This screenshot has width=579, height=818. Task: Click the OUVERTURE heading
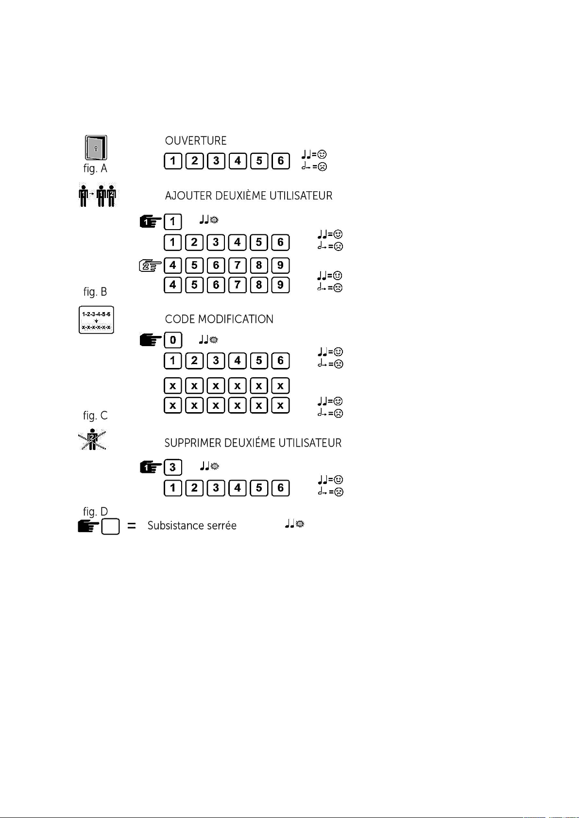pyautogui.click(x=196, y=141)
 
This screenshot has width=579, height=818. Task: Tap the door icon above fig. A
pyautogui.click(x=96, y=148)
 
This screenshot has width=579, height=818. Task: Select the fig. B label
pyautogui.click(x=95, y=292)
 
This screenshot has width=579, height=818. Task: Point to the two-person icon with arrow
pyautogui.click(x=98, y=196)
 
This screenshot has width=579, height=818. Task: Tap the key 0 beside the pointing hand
pyautogui.click(x=173, y=340)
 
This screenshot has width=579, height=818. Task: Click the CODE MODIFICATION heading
pyautogui.click(x=219, y=319)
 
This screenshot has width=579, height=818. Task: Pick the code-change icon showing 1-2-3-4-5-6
pyautogui.click(x=96, y=320)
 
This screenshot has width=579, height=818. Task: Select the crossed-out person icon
pyautogui.click(x=92, y=440)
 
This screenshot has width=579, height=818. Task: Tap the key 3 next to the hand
pyautogui.click(x=173, y=467)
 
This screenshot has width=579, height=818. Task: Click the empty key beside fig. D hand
pyautogui.click(x=111, y=526)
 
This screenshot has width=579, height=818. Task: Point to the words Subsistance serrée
pyautogui.click(x=192, y=526)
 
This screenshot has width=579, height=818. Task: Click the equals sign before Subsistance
pyautogui.click(x=131, y=526)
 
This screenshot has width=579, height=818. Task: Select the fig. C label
pyautogui.click(x=95, y=416)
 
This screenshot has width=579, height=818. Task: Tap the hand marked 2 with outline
pyautogui.click(x=150, y=266)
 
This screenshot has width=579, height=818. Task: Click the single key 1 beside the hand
pyautogui.click(x=173, y=222)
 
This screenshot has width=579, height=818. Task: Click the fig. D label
pyautogui.click(x=95, y=512)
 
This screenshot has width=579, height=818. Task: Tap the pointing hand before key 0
pyautogui.click(x=150, y=340)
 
